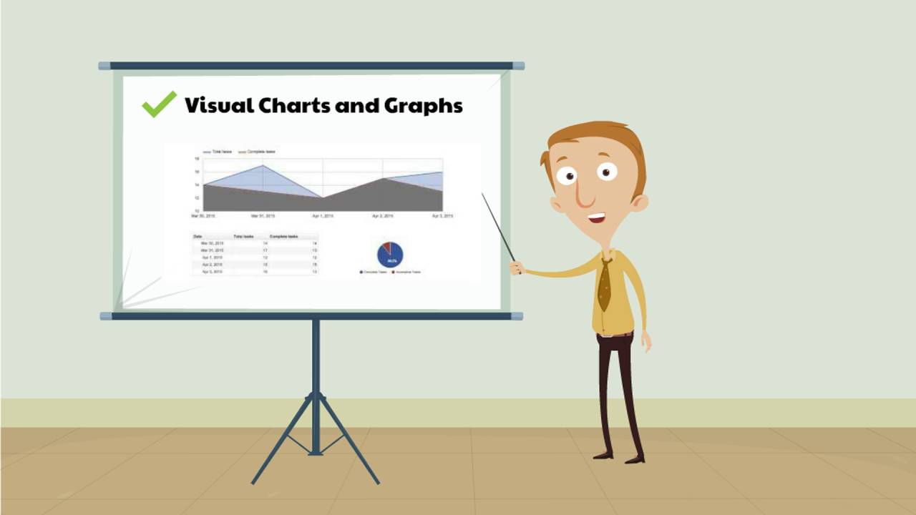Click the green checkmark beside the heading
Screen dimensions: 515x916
pos(158,104)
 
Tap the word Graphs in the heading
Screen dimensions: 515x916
pos(423,106)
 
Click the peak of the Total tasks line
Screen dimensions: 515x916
pos(263,166)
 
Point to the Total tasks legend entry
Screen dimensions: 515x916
pos(218,152)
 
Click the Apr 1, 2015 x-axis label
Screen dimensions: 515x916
pos(323,215)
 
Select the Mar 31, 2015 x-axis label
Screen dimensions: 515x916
pos(263,215)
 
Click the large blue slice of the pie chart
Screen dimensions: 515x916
pos(391,257)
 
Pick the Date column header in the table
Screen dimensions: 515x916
pos(198,236)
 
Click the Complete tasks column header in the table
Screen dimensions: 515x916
pos(284,236)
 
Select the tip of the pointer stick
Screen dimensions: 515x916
pos(482,194)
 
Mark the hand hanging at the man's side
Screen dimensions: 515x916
pos(645,341)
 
